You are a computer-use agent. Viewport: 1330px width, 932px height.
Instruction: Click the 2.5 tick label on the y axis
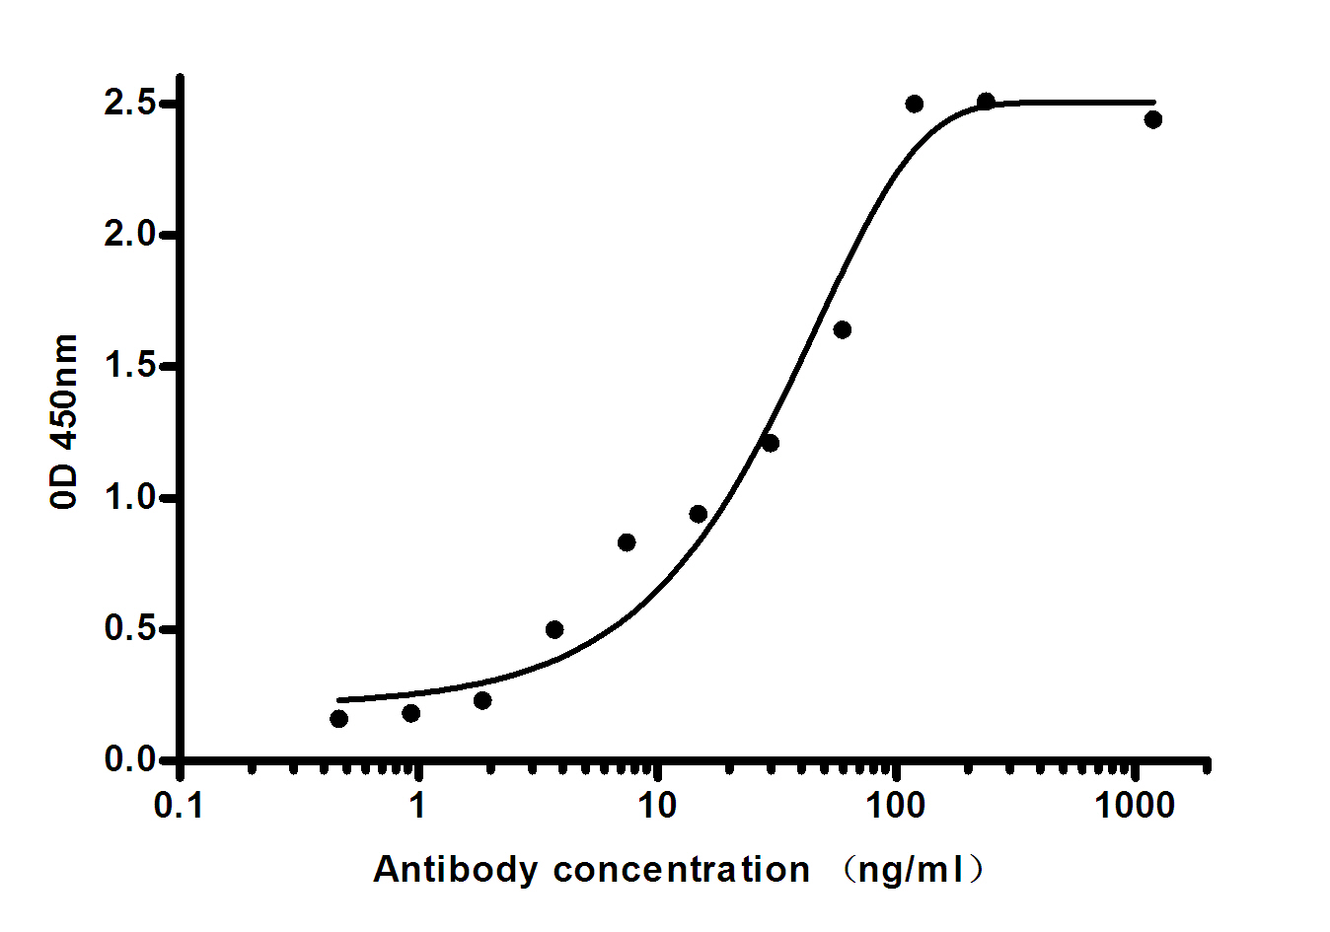pos(130,104)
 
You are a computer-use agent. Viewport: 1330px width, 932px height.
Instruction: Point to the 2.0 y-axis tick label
pos(130,235)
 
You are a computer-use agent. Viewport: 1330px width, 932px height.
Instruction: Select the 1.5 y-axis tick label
pos(130,366)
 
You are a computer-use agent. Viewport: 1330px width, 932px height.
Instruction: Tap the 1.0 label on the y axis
pos(130,497)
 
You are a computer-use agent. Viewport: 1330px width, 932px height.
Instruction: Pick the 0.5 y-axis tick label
pos(130,628)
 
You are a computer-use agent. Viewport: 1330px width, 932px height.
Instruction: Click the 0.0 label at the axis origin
pos(130,759)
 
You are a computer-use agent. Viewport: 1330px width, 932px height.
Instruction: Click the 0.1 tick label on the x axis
pos(180,806)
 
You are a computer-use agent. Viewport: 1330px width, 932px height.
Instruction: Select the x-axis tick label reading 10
pos(656,806)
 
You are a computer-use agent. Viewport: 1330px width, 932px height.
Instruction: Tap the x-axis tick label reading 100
pos(895,806)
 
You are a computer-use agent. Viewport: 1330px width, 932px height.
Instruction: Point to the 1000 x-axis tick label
pos(1135,806)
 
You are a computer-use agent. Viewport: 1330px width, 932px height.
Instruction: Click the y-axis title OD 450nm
pos(64,421)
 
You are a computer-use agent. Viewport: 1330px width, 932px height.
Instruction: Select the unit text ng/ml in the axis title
pos(912,870)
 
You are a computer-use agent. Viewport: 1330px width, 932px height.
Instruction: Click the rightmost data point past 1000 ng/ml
pos(1152,119)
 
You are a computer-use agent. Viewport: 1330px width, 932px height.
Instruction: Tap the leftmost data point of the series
pos(338,718)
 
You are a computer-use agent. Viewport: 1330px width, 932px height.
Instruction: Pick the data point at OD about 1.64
pos(842,329)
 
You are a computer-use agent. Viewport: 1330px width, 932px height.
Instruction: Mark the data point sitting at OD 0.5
pos(554,629)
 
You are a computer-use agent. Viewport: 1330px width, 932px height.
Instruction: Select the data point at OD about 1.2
pos(770,443)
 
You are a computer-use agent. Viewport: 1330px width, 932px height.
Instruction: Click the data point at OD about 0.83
pos(627,542)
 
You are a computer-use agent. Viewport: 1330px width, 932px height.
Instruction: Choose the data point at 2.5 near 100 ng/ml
pos(914,104)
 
